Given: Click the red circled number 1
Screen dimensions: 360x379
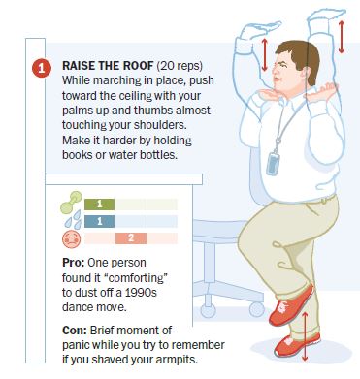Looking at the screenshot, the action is [42, 68].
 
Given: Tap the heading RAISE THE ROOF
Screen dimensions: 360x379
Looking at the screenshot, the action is [108, 66].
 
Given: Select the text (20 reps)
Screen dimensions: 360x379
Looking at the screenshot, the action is [180, 66].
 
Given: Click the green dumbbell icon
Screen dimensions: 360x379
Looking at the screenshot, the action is [71, 203].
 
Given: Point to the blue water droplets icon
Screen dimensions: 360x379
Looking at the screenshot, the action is [73, 219].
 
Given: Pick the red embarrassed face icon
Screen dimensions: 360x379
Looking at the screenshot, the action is [71, 239].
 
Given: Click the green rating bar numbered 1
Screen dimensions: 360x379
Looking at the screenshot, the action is [99, 205].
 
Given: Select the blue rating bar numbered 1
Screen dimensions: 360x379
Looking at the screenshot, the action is [99, 221].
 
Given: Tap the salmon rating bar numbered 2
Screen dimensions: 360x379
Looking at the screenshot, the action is [131, 238].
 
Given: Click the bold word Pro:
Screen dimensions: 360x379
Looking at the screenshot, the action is [73, 263].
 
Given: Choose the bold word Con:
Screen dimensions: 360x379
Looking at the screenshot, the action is [75, 331].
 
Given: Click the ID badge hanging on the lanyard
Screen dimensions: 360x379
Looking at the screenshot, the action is [273, 164].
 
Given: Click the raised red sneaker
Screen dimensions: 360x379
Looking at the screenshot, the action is [291, 305].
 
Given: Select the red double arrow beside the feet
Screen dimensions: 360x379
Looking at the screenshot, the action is [305, 336].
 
